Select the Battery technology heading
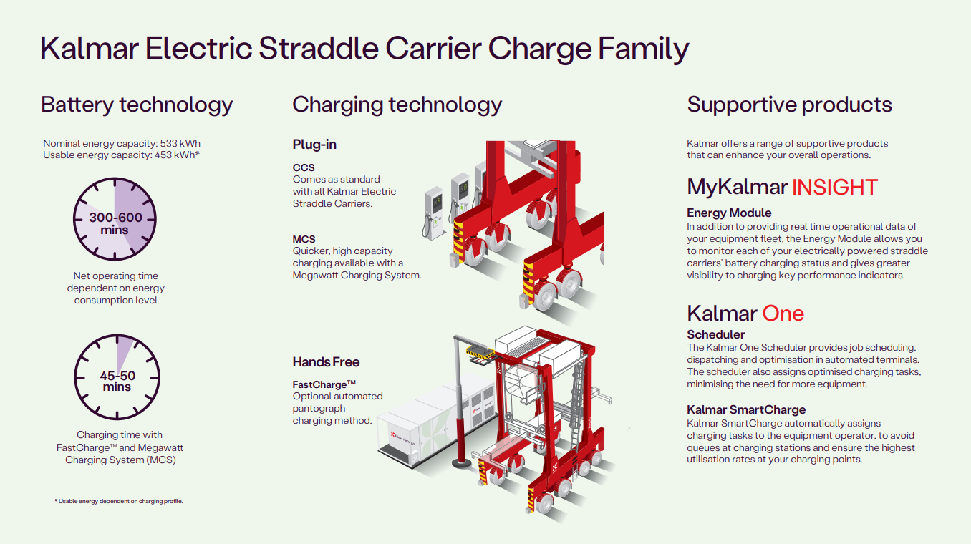pyautogui.click(x=137, y=105)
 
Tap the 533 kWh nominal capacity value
pyautogui.click(x=180, y=143)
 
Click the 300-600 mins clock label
pyautogui.click(x=115, y=223)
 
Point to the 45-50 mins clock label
pyautogui.click(x=117, y=381)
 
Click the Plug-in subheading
pyautogui.click(x=314, y=145)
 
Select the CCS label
pyautogui.click(x=304, y=167)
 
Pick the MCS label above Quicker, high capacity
pyautogui.click(x=304, y=239)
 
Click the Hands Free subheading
pyautogui.click(x=326, y=362)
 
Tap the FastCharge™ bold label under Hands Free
pyautogui.click(x=324, y=384)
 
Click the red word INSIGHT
pyautogui.click(x=834, y=188)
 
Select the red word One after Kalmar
pyautogui.click(x=783, y=314)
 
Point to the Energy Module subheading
pyautogui.click(x=729, y=213)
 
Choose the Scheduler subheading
pyautogui.click(x=715, y=335)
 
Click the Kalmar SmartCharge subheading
pyautogui.click(x=746, y=409)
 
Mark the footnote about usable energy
pyautogui.click(x=119, y=502)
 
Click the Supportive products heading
pyautogui.click(x=789, y=105)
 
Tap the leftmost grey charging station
pyautogui.click(x=434, y=213)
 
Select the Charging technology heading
pyautogui.click(x=397, y=105)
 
